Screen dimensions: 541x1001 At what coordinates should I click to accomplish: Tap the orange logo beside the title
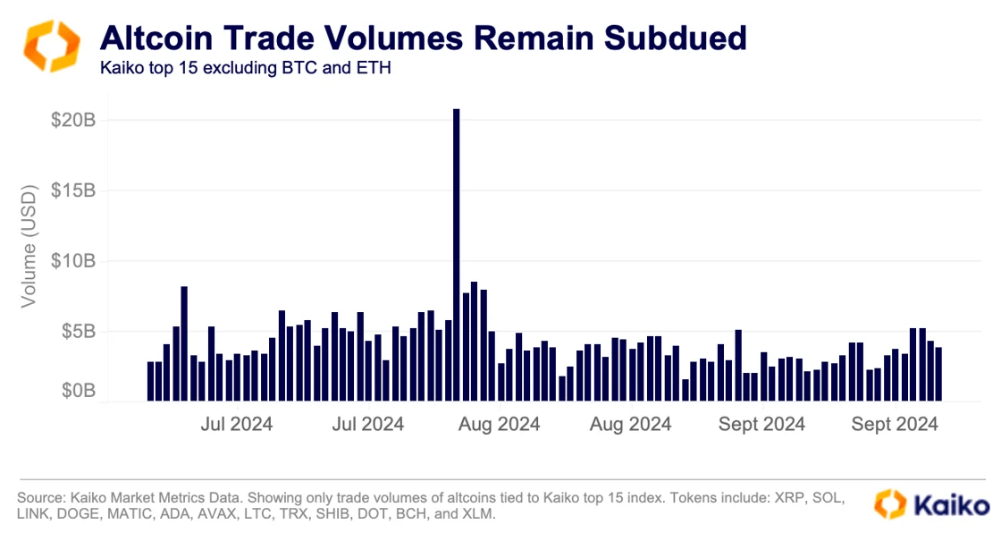click(x=51, y=46)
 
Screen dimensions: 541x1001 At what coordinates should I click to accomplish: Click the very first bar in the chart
click(x=150, y=381)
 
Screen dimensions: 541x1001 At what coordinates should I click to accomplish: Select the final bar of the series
click(x=938, y=374)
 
